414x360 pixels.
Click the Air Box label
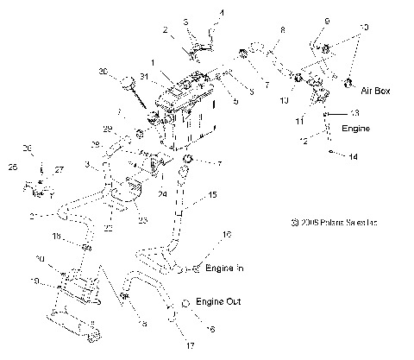pyautogui.click(x=377, y=90)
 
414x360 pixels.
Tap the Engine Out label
pyautogui.click(x=217, y=302)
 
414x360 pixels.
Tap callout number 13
pyautogui.click(x=354, y=113)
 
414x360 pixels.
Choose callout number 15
pyautogui.click(x=212, y=197)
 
